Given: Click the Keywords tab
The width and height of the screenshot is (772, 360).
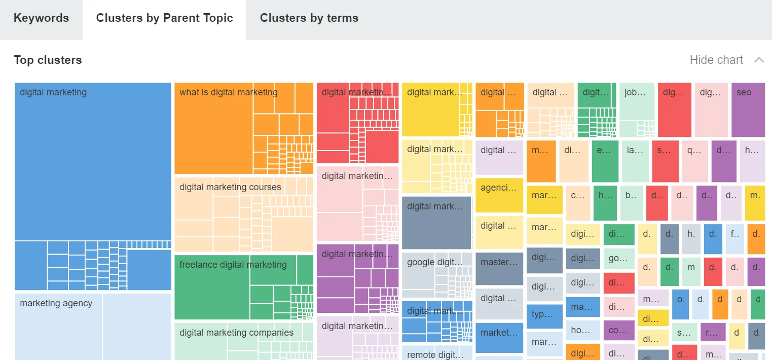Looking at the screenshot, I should click(41, 18).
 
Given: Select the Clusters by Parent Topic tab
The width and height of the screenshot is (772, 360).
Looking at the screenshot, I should click(164, 18).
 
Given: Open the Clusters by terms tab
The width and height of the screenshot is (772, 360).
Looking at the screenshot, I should click(309, 18).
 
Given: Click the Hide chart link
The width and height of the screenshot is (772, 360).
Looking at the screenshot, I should click(716, 60).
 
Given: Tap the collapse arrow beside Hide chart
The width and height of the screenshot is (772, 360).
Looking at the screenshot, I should click(759, 60).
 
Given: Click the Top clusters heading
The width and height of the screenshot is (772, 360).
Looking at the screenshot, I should click(48, 60).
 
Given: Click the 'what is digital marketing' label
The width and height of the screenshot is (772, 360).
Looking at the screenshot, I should click(228, 92).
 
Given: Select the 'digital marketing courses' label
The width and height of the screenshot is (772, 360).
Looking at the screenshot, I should click(230, 187).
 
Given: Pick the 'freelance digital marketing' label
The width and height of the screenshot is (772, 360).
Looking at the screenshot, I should click(233, 265).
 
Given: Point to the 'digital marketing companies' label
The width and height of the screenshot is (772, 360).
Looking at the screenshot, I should click(236, 333).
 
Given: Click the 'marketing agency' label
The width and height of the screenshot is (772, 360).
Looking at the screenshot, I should click(56, 303).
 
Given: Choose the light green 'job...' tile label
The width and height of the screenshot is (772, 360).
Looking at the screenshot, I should click(636, 93).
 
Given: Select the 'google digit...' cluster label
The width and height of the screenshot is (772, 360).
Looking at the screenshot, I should click(434, 262).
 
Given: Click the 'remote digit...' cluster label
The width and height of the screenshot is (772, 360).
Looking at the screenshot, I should click(434, 355).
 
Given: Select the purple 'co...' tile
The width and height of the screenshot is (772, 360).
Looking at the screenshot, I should click(618, 330).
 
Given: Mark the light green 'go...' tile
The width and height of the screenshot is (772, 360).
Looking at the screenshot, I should click(618, 258).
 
